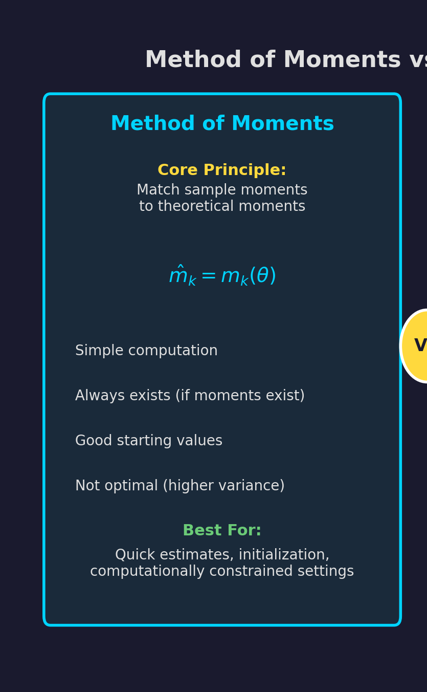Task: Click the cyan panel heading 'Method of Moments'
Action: [222, 123]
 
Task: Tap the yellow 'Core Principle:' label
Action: [222, 170]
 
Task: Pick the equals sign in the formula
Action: [209, 275]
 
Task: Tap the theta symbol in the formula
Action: [262, 275]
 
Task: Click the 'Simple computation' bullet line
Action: [146, 351]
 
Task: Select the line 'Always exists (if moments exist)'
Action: [190, 396]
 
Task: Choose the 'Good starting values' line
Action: [149, 441]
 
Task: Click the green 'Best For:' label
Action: [222, 530]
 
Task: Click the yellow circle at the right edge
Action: [414, 346]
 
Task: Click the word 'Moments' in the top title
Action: [342, 59]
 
